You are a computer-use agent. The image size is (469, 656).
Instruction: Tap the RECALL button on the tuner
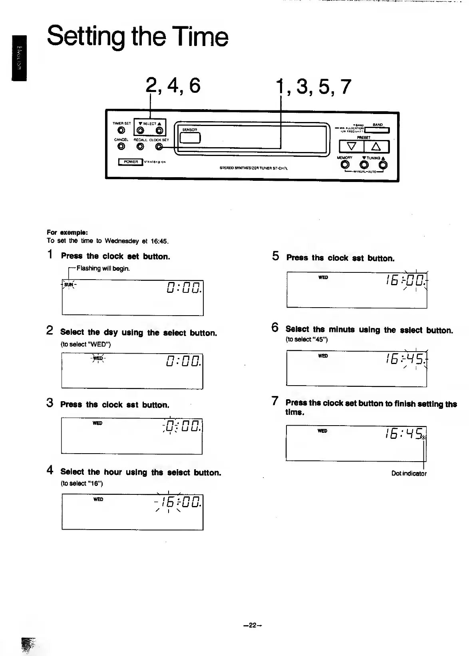[140, 146]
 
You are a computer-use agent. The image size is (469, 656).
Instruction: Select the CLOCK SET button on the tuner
[159, 147]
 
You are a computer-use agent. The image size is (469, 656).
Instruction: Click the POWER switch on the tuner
[131, 162]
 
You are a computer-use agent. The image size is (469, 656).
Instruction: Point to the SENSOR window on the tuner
[190, 137]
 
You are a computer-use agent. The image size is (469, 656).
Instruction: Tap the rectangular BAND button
[377, 130]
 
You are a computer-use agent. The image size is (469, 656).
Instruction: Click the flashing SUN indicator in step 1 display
[69, 285]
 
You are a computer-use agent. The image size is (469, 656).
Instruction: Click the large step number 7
[274, 401]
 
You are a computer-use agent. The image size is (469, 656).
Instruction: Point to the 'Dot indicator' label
[409, 474]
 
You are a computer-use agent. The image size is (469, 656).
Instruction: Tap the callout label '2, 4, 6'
[173, 86]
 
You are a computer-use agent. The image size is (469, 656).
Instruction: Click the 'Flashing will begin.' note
[103, 268]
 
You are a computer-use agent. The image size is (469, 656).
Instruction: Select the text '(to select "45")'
[306, 340]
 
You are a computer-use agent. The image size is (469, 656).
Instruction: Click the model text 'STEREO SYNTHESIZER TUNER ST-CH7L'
[253, 168]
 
